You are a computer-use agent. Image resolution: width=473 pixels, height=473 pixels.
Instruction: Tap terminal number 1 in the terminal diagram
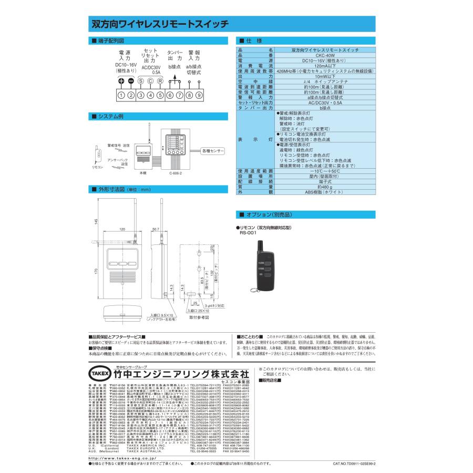tap(121, 95)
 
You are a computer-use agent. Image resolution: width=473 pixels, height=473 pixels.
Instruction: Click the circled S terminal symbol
tap(141, 81)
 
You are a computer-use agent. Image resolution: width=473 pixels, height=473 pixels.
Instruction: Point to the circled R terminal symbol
tap(160, 81)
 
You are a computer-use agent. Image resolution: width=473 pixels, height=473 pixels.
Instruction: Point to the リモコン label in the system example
tap(98, 167)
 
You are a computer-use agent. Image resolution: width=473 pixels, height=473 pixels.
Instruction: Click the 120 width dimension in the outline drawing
tap(122, 229)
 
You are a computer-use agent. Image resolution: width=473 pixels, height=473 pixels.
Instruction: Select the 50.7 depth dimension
tap(156, 229)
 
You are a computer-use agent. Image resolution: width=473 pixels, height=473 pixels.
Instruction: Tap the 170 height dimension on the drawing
tap(96, 272)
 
